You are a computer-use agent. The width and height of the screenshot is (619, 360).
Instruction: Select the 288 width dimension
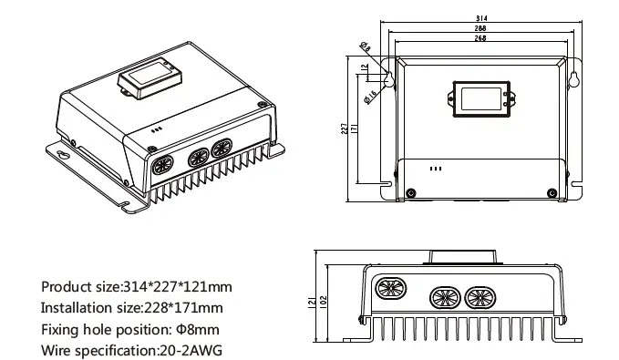pyautogui.click(x=480, y=29)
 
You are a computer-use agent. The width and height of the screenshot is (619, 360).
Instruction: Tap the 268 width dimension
pyautogui.click(x=480, y=39)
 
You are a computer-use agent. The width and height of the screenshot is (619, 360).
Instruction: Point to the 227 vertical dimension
pyautogui.click(x=344, y=130)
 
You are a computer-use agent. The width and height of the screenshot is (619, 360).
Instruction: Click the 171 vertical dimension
pyautogui.click(x=356, y=130)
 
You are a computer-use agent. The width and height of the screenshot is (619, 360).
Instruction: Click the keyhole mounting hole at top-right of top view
pyautogui.click(x=574, y=79)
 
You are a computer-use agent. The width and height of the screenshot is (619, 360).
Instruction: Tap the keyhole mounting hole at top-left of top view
pyautogui.click(x=387, y=79)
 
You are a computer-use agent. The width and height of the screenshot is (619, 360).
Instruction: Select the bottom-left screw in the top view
pyautogui.click(x=411, y=191)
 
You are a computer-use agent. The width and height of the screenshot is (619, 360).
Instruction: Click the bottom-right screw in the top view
pyautogui.click(x=550, y=191)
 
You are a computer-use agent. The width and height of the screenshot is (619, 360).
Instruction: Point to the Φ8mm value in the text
pyautogui.click(x=197, y=329)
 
